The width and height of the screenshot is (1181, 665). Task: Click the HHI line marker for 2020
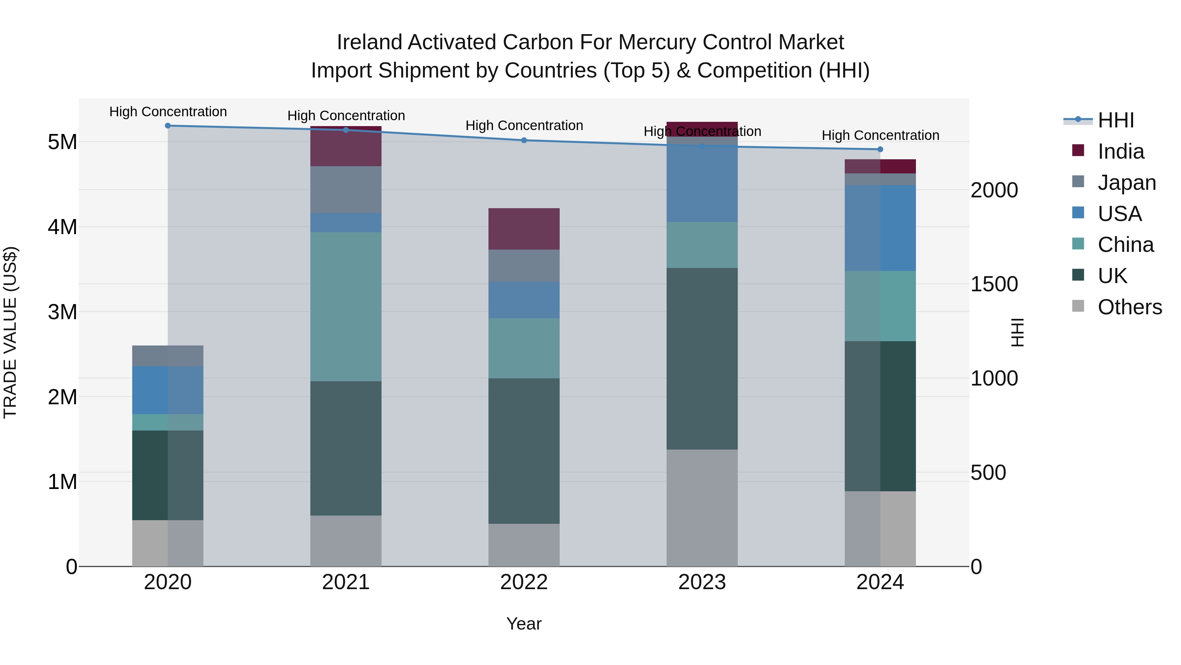pyautogui.click(x=168, y=126)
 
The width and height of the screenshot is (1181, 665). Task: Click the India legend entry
pyautogui.click(x=1121, y=151)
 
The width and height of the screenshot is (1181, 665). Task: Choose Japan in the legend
pyautogui.click(x=1127, y=183)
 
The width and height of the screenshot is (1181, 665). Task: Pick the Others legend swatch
pyautogui.click(x=1078, y=306)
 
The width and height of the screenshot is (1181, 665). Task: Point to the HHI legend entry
pyautogui.click(x=1115, y=120)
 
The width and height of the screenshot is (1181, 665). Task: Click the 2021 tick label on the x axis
pyautogui.click(x=346, y=582)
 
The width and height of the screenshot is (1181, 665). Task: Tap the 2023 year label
pyautogui.click(x=702, y=582)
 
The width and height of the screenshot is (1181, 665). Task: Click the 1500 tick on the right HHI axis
pyautogui.click(x=994, y=284)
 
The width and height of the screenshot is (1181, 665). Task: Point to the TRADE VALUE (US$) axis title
pyautogui.click(x=10, y=332)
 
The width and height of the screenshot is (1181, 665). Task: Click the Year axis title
pyautogui.click(x=524, y=624)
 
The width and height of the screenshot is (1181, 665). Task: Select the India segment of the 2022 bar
pyautogui.click(x=524, y=229)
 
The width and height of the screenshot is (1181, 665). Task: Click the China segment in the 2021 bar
pyautogui.click(x=346, y=307)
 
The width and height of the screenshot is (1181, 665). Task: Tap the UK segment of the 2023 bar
pyautogui.click(x=702, y=358)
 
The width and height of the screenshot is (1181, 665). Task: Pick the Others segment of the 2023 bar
pyautogui.click(x=702, y=508)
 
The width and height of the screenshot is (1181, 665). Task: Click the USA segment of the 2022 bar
pyautogui.click(x=524, y=300)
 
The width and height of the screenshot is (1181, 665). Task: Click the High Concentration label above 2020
pyautogui.click(x=168, y=112)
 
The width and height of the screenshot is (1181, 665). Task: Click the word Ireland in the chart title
pyautogui.click(x=369, y=42)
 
